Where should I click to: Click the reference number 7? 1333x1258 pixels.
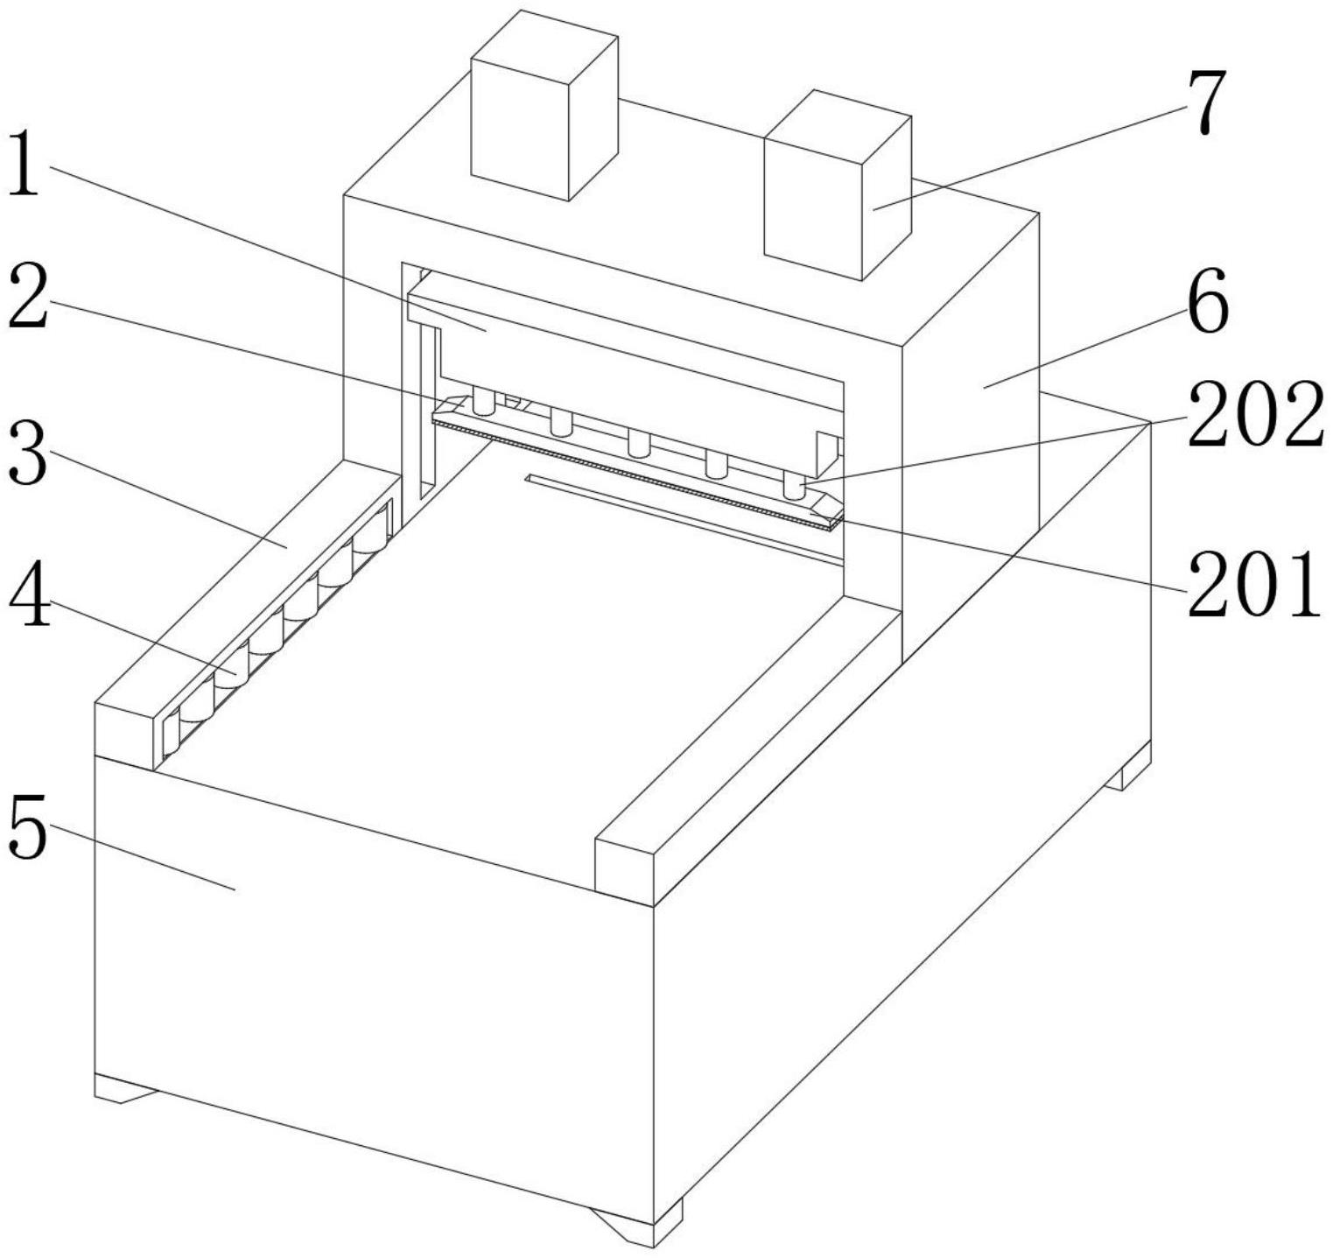(x=1208, y=102)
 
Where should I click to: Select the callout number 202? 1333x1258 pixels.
(x=1253, y=414)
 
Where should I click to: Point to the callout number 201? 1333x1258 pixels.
(x=1253, y=584)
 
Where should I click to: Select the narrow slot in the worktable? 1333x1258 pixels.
(x=683, y=517)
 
